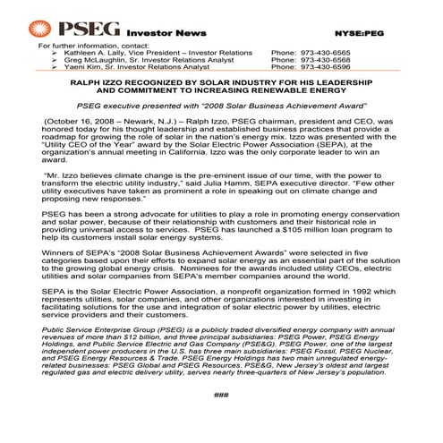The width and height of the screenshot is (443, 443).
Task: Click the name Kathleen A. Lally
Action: tap(94, 51)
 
